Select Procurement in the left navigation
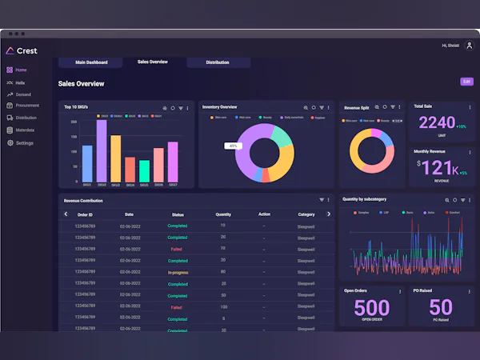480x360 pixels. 26,105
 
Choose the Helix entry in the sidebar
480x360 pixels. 20,82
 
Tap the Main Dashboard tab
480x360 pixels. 90,62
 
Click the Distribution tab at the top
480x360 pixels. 217,62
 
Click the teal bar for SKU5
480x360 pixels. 144,170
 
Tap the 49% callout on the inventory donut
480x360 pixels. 233,146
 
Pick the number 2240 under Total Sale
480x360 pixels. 436,123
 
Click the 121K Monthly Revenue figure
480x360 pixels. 439,168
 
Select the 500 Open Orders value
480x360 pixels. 371,307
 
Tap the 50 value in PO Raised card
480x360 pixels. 440,307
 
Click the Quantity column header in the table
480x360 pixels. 223,214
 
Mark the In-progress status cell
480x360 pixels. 178,272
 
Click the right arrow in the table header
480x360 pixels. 329,214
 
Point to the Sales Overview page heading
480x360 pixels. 81,83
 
